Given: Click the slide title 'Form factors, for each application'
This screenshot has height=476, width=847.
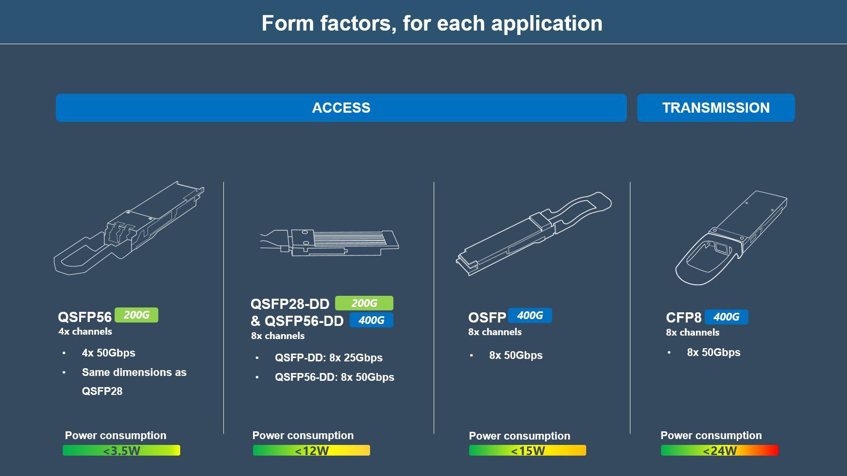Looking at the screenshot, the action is [x=432, y=23].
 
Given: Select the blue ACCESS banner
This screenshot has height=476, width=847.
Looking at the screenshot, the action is [x=341, y=108].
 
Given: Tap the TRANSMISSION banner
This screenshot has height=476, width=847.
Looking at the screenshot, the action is [x=716, y=108].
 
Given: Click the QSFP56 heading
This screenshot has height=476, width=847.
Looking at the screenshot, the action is [x=85, y=317].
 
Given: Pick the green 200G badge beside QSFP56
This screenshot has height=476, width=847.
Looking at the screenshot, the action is [x=136, y=315].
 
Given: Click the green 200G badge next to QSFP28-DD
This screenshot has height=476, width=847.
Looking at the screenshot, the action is [x=364, y=303].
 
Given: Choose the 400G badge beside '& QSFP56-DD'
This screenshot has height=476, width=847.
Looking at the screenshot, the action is [x=372, y=320].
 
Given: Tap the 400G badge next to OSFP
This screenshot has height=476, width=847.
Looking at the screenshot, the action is [x=530, y=316].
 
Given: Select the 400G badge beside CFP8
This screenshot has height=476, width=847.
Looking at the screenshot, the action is [x=727, y=317].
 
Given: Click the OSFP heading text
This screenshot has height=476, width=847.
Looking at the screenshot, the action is [x=487, y=318].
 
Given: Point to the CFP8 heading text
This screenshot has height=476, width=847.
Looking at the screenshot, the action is [x=684, y=318].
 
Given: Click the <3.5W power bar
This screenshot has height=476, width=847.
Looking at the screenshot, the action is [x=121, y=450].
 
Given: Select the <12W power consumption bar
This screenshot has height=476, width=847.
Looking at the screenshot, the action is [x=311, y=450].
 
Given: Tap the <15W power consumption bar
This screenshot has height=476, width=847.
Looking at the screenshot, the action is [x=527, y=450].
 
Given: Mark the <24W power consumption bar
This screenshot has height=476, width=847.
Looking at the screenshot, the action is [x=719, y=450].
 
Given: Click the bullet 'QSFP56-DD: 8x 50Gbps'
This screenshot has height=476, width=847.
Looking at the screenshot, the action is [x=335, y=377].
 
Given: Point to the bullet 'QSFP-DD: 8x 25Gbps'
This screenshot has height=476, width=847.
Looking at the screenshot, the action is [x=329, y=357].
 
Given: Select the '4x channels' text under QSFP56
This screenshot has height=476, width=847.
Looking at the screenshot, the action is [x=85, y=332].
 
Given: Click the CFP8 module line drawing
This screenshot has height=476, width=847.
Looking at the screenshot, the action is [x=731, y=238].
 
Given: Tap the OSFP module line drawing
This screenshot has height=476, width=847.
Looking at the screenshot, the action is [x=534, y=234].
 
